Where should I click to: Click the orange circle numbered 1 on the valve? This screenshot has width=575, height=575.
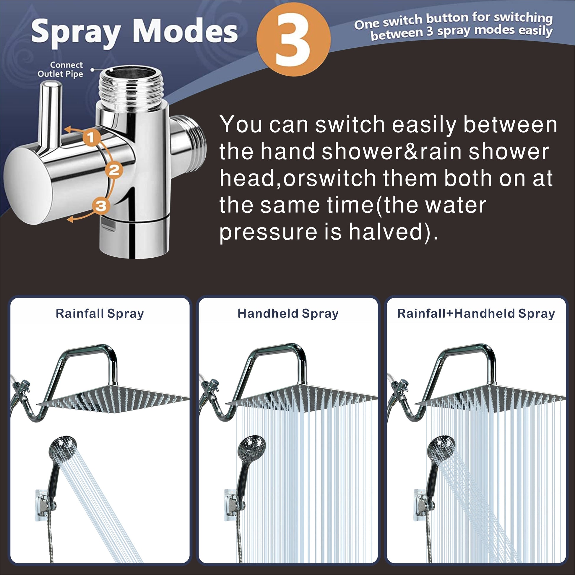coord(91,137)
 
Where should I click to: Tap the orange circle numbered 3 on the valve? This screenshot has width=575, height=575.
coord(101,206)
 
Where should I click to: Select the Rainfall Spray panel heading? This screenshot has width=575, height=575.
coord(100,314)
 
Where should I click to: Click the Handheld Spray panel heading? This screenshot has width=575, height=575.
coord(288,314)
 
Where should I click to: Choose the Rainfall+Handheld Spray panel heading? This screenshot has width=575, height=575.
coord(476,314)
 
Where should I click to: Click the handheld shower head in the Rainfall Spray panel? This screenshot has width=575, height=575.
coord(62,449)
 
